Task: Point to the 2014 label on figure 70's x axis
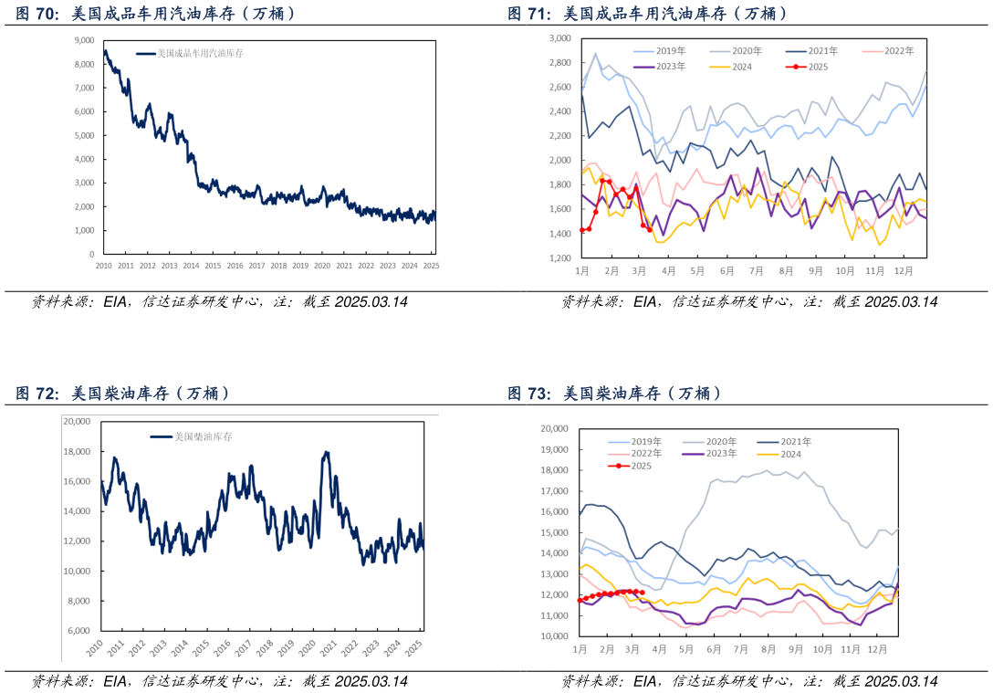pos(191,266)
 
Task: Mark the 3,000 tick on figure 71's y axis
pos(559,39)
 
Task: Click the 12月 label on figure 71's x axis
pos(903,271)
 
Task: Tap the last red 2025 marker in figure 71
pos(650,229)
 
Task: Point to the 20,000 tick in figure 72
pos(76,422)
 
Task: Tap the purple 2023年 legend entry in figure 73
pos(716,454)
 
